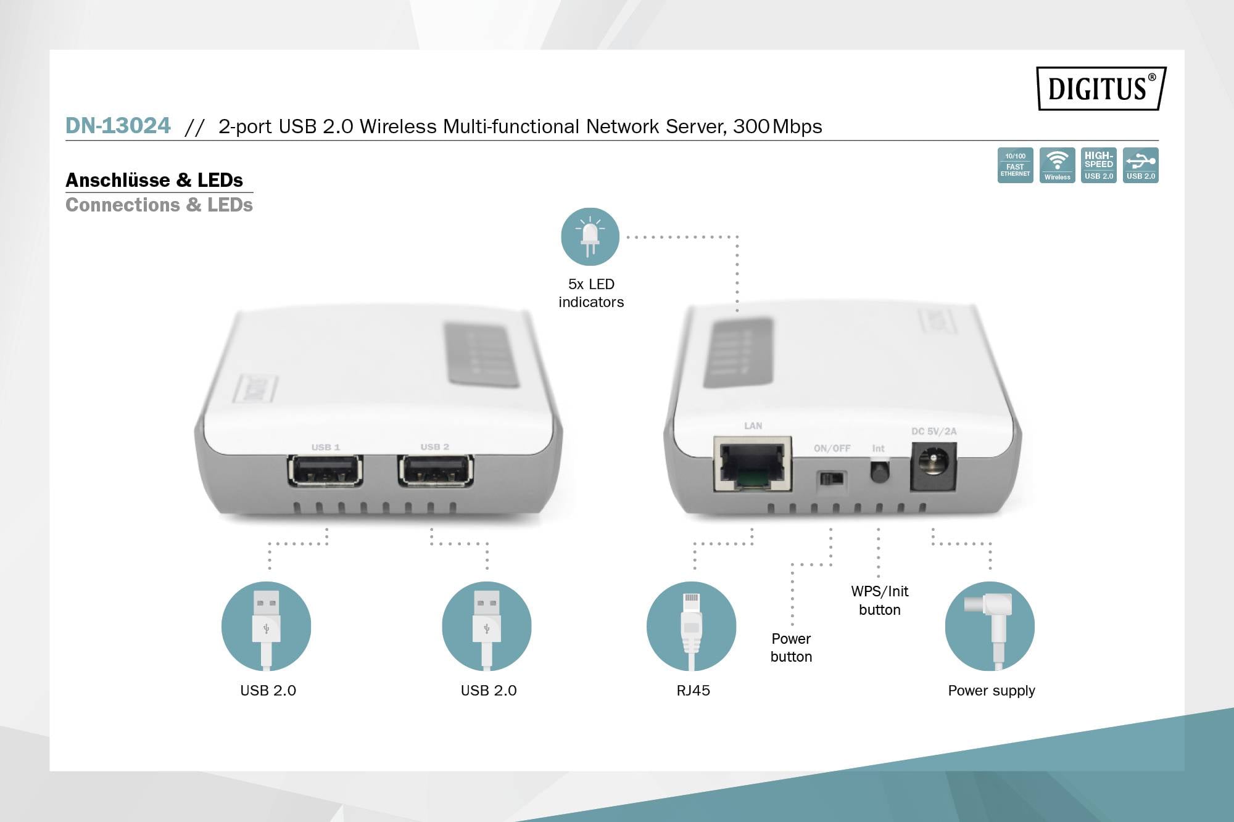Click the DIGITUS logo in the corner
tap(1101, 88)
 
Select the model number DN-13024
tap(118, 126)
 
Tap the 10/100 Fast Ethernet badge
tap(1015, 165)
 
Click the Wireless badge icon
tap(1057, 165)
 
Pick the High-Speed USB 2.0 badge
tap(1098, 165)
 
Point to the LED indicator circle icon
tap(590, 237)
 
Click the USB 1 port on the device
tap(325, 471)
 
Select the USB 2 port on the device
tap(436, 471)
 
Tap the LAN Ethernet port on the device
tap(752, 464)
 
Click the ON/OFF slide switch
tap(831, 479)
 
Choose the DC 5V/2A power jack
tap(933, 466)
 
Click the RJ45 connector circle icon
tap(691, 626)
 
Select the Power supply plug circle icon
tap(990, 626)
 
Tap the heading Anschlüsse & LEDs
tap(154, 180)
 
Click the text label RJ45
tap(693, 691)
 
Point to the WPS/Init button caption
tap(879, 600)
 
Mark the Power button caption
tap(791, 647)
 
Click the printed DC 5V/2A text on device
tap(934, 432)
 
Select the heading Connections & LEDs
tap(159, 205)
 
